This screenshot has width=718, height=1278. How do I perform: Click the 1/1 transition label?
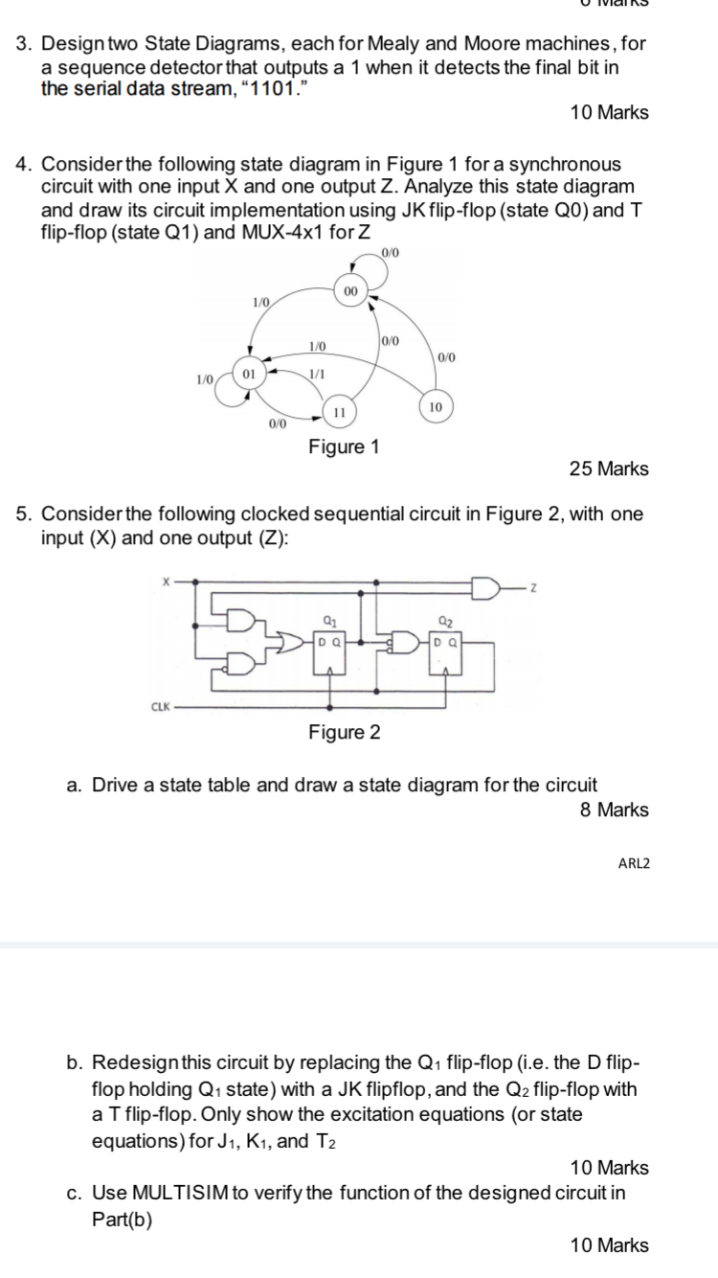pyautogui.click(x=317, y=375)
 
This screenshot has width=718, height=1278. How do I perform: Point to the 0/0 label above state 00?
pyautogui.click(x=391, y=253)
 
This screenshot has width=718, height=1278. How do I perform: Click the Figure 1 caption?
pyautogui.click(x=344, y=446)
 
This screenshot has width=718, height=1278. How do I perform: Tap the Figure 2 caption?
pyautogui.click(x=345, y=732)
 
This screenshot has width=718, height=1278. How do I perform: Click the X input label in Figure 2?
pyautogui.click(x=166, y=582)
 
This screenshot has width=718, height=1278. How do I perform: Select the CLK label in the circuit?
pyautogui.click(x=160, y=707)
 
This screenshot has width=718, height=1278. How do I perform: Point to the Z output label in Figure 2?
pyautogui.click(x=534, y=587)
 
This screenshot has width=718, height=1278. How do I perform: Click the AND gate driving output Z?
pyautogui.click(x=485, y=587)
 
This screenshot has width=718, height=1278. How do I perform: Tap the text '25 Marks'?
pyautogui.click(x=609, y=469)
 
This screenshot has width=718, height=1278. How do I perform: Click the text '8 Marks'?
pyautogui.click(x=615, y=810)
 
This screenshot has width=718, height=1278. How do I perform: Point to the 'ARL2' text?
pyautogui.click(x=634, y=863)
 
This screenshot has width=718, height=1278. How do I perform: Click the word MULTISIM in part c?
pyautogui.click(x=180, y=1193)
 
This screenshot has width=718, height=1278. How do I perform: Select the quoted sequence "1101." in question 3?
pyautogui.click(x=273, y=88)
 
